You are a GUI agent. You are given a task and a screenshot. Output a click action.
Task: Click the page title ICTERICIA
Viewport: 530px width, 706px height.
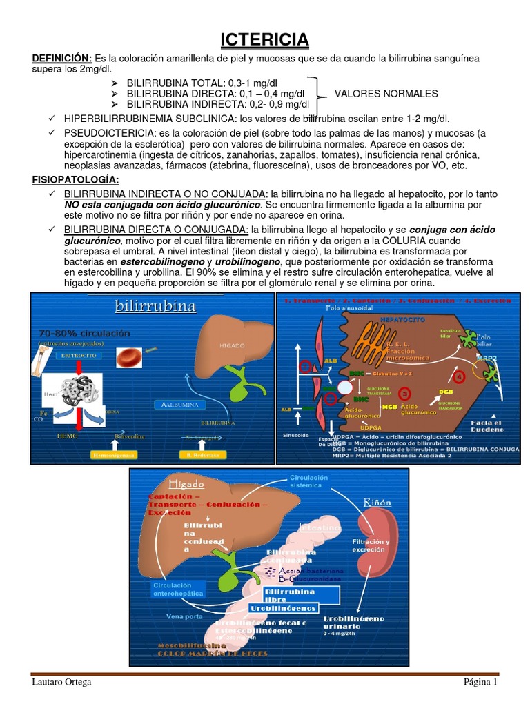pos(265,41)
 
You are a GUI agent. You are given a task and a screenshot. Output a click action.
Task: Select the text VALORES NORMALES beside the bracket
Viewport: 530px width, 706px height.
pos(386,94)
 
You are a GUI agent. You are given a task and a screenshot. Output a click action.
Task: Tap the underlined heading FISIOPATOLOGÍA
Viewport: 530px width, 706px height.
pos(77,180)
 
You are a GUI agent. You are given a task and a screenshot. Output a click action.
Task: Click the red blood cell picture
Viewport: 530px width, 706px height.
pos(130,356)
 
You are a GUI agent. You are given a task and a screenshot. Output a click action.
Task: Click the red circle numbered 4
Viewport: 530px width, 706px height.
pos(460,376)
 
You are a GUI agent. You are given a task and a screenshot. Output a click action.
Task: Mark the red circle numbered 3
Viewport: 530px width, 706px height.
pos(406,394)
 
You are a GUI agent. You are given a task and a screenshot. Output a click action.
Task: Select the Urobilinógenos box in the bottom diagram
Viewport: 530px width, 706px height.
pos(293,608)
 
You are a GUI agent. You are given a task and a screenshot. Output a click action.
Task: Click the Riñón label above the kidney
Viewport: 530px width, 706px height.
pos(377,503)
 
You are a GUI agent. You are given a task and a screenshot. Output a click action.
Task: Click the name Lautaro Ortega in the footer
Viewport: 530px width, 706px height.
pos(61,683)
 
